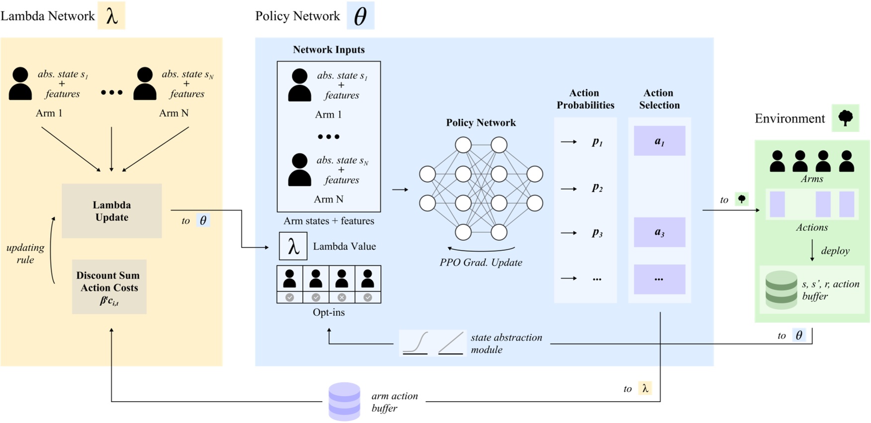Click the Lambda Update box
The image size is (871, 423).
(111, 211)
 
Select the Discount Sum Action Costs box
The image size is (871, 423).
(109, 287)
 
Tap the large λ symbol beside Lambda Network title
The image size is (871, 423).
(111, 16)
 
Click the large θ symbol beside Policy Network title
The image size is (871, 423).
(360, 16)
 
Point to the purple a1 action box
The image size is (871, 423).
(659, 141)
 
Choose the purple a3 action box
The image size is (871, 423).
(659, 232)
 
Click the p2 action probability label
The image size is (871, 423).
(597, 188)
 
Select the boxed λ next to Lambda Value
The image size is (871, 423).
(293, 246)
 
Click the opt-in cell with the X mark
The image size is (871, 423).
(342, 297)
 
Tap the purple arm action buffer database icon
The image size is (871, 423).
(344, 401)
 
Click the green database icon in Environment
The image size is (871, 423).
(781, 289)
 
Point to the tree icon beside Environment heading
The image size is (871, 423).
(845, 118)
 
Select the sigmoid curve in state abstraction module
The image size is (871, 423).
(416, 343)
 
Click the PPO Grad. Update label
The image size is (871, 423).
(481, 263)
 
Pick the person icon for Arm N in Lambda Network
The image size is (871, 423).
(145, 84)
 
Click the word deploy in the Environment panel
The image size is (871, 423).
(835, 251)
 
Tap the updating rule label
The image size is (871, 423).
(25, 253)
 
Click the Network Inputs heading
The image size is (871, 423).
(329, 50)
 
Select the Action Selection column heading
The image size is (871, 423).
(659, 99)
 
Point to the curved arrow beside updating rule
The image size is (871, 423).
(51, 251)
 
